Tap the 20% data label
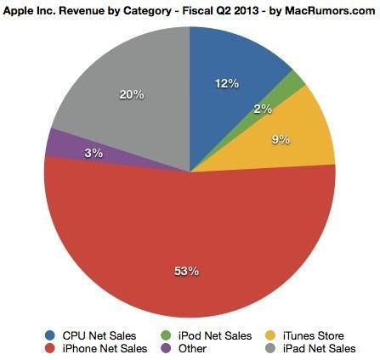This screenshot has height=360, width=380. [x=132, y=95]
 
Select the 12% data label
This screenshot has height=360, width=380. [x=227, y=83]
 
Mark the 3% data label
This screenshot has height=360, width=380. [x=94, y=153]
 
